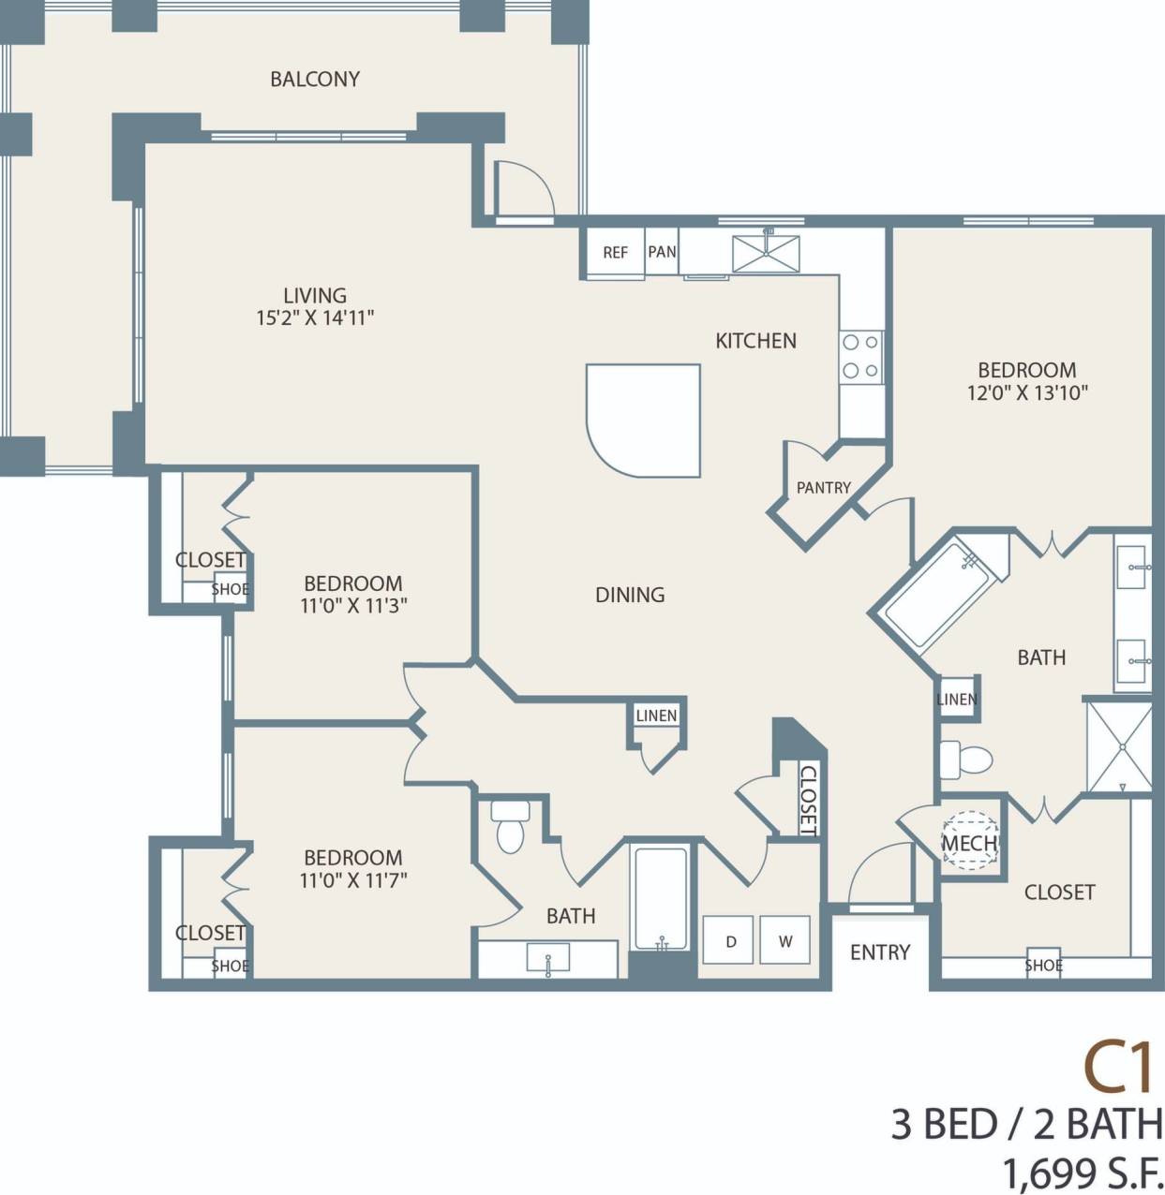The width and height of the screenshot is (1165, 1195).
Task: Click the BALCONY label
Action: [315, 79]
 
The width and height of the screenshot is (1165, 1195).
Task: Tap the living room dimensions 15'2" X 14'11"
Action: [315, 318]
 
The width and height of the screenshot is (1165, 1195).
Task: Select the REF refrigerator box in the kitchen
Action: [615, 252]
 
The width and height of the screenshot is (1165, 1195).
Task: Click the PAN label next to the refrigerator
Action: [662, 251]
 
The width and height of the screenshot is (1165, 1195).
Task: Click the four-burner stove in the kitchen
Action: [860, 357]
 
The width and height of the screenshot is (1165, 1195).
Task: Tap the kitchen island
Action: [645, 420]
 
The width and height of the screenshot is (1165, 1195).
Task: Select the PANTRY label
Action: [823, 488]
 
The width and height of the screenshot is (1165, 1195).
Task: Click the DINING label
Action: [630, 595]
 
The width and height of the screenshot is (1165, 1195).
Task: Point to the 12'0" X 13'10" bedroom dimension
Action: [1027, 393]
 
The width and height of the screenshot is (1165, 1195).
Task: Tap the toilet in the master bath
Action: [965, 760]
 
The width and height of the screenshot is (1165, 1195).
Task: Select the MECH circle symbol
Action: [969, 841]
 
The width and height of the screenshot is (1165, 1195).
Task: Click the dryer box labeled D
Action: [730, 941]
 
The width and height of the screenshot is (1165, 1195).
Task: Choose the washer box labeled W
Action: [785, 941]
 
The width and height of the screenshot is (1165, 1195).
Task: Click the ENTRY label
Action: [880, 952]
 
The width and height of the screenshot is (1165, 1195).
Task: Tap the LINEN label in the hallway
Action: [656, 716]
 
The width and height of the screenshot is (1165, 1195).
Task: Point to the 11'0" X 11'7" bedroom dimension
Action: [353, 880]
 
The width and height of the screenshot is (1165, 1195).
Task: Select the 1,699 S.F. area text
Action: [1083, 1172]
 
